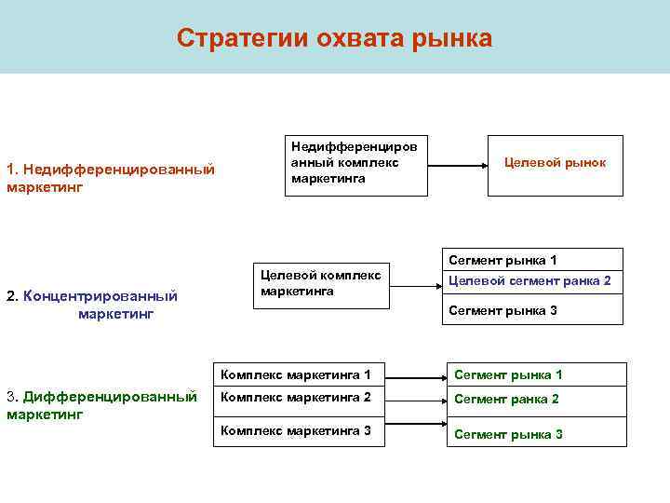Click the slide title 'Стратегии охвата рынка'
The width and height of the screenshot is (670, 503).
(334, 38)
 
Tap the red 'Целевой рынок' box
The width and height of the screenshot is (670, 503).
(555, 163)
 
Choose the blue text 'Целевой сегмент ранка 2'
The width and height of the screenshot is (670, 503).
(529, 280)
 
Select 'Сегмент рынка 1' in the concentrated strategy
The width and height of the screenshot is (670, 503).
(502, 260)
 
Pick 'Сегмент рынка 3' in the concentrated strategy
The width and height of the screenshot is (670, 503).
(502, 310)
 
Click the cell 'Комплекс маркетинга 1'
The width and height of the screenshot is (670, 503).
(298, 375)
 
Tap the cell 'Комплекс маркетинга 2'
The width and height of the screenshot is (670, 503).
(298, 398)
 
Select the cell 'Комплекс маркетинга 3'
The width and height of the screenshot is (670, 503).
(298, 430)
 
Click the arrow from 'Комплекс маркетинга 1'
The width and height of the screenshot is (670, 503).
(415, 378)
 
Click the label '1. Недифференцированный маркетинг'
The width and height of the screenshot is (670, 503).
(110, 178)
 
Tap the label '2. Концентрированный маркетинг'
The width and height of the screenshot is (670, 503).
(93, 305)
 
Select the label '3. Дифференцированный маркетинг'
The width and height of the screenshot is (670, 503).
(101, 404)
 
